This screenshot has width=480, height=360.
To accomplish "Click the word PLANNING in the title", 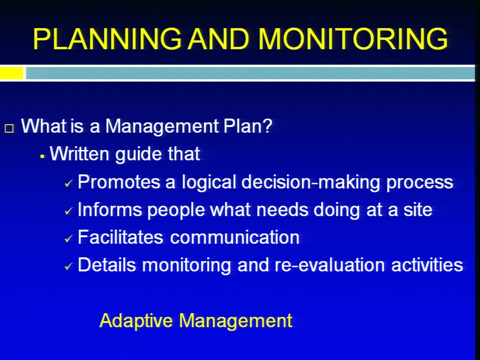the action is pyautogui.click(x=107, y=39).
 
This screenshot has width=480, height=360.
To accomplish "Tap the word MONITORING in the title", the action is pyautogui.click(x=353, y=39).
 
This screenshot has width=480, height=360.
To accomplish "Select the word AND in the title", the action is pyautogui.click(x=218, y=39).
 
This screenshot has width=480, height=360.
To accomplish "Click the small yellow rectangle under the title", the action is pyautogui.click(x=11, y=73).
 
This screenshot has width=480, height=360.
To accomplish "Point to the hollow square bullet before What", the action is pyautogui.click(x=9, y=128).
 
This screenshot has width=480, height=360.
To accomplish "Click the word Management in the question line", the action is pyautogui.click(x=162, y=126).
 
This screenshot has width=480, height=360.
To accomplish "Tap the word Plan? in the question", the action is pyautogui.click(x=247, y=126).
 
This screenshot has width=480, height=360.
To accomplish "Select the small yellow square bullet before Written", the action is pyautogui.click(x=42, y=156).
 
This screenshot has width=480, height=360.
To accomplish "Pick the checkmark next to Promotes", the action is pyautogui.click(x=68, y=183).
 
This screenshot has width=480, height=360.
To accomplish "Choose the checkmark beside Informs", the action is pyautogui.click(x=68, y=211).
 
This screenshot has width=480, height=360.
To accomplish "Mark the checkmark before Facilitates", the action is pyautogui.click(x=68, y=238).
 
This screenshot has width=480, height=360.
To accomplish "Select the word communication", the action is pyautogui.click(x=234, y=237).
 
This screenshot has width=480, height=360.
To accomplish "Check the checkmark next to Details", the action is pyautogui.click(x=68, y=266).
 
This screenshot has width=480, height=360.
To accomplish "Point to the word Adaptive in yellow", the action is pyautogui.click(x=136, y=321).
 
